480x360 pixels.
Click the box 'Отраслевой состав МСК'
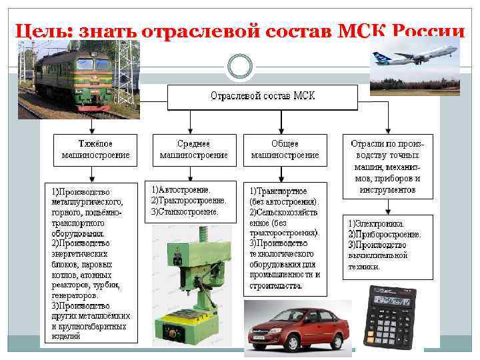(x=263, y=97)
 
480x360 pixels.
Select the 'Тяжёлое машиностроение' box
(x=96, y=149)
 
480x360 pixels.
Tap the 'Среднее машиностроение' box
(x=193, y=149)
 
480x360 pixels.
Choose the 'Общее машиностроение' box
(x=285, y=149)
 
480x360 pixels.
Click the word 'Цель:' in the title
(x=44, y=31)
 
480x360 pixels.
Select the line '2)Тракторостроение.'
(x=189, y=200)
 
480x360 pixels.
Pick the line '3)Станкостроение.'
(x=185, y=211)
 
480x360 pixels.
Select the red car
(x=297, y=328)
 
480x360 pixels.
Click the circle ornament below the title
(x=239, y=66)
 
